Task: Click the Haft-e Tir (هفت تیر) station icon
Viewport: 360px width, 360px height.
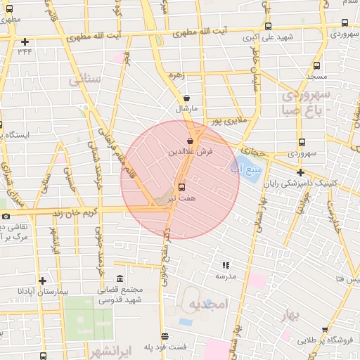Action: pyautogui.click(x=183, y=188)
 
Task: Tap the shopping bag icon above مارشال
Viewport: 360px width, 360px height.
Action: pyautogui.click(x=186, y=98)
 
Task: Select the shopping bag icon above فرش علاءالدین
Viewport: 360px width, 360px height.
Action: pyautogui.click(x=191, y=141)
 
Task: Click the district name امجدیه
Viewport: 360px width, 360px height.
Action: pyautogui.click(x=209, y=304)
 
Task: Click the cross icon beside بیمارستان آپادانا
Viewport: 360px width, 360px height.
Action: pyautogui.click(x=43, y=280)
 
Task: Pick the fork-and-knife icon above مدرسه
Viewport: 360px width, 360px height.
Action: pyautogui.click(x=226, y=265)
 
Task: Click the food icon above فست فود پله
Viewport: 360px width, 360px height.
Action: pyautogui.click(x=165, y=337)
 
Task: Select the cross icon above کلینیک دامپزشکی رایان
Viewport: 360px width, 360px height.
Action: pyautogui.click(x=300, y=172)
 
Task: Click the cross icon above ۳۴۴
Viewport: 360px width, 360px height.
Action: pyautogui.click(x=25, y=41)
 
